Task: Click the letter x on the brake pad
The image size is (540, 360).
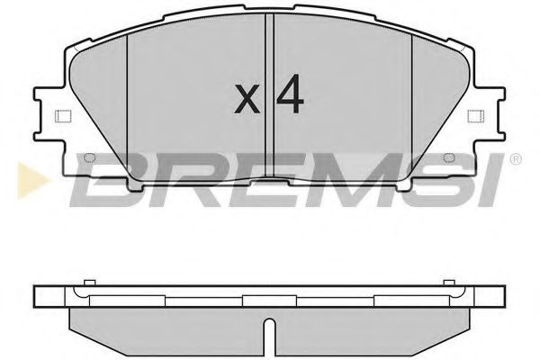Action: pos(247,99)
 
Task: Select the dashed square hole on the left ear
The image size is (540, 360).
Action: pos(62,116)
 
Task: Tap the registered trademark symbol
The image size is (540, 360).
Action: pos(514,160)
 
